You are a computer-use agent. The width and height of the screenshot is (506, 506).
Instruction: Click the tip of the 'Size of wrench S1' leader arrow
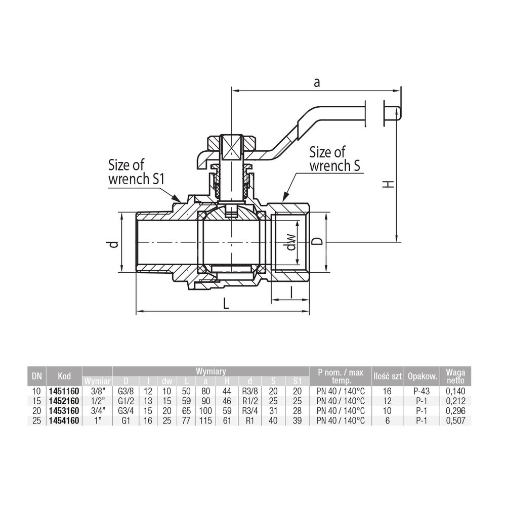pos(180,202)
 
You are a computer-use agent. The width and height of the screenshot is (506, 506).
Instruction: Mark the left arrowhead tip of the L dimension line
pos(136,311)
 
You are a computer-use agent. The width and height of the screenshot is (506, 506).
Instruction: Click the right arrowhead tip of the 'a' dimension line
pos(400,91)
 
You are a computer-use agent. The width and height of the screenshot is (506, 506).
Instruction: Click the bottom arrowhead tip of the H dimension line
pos(397,242)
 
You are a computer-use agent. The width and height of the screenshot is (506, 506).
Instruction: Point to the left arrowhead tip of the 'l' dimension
pos(272,300)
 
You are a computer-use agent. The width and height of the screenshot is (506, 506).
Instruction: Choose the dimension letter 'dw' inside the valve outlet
pos(291,242)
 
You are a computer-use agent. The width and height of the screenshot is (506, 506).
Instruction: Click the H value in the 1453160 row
pos(227,411)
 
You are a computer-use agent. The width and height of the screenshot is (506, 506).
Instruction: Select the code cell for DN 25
pos(64,420)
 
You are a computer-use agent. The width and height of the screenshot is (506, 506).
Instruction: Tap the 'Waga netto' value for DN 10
pos(456,392)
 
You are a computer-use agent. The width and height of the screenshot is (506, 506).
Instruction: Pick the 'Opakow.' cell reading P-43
pos(421,392)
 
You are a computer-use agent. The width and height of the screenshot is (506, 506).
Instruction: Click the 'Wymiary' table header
pos(211,371)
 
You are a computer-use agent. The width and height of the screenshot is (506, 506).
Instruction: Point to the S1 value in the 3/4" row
pos(297,411)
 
